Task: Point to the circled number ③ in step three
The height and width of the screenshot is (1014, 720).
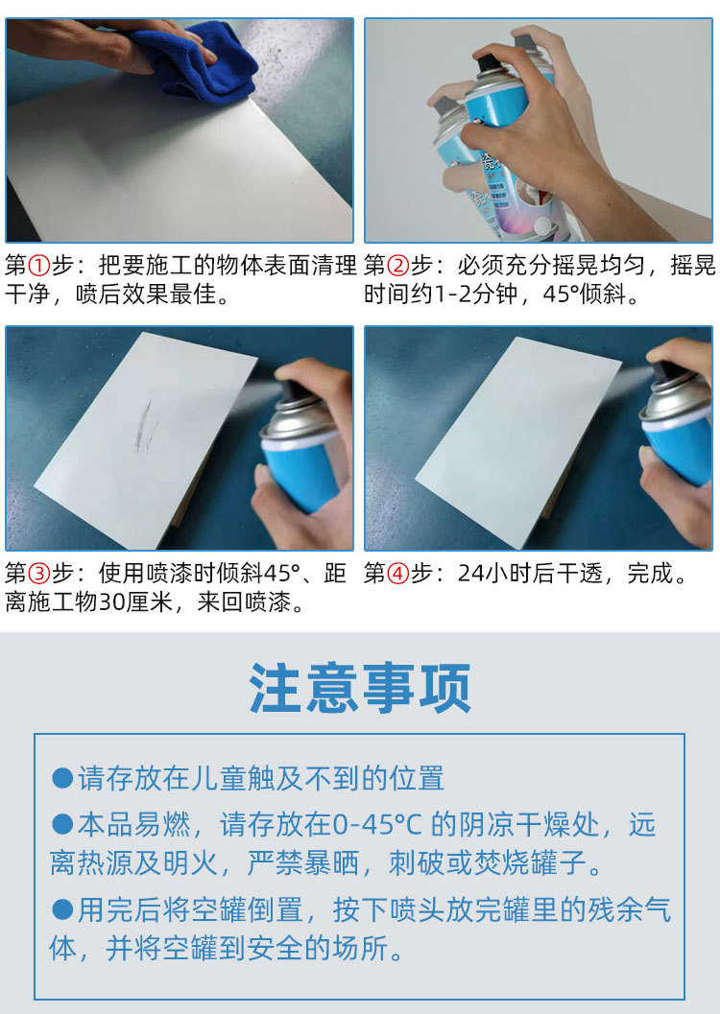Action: tap(39, 574)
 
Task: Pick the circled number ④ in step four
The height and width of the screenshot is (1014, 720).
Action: tap(398, 574)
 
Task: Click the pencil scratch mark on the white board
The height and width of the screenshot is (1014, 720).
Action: tap(145, 428)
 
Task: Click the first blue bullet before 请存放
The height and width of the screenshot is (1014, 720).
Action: tap(62, 778)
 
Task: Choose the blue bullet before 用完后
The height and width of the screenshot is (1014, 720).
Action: tap(62, 909)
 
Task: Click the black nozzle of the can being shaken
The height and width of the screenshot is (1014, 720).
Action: tap(489, 63)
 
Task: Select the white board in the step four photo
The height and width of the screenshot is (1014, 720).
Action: tap(518, 441)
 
